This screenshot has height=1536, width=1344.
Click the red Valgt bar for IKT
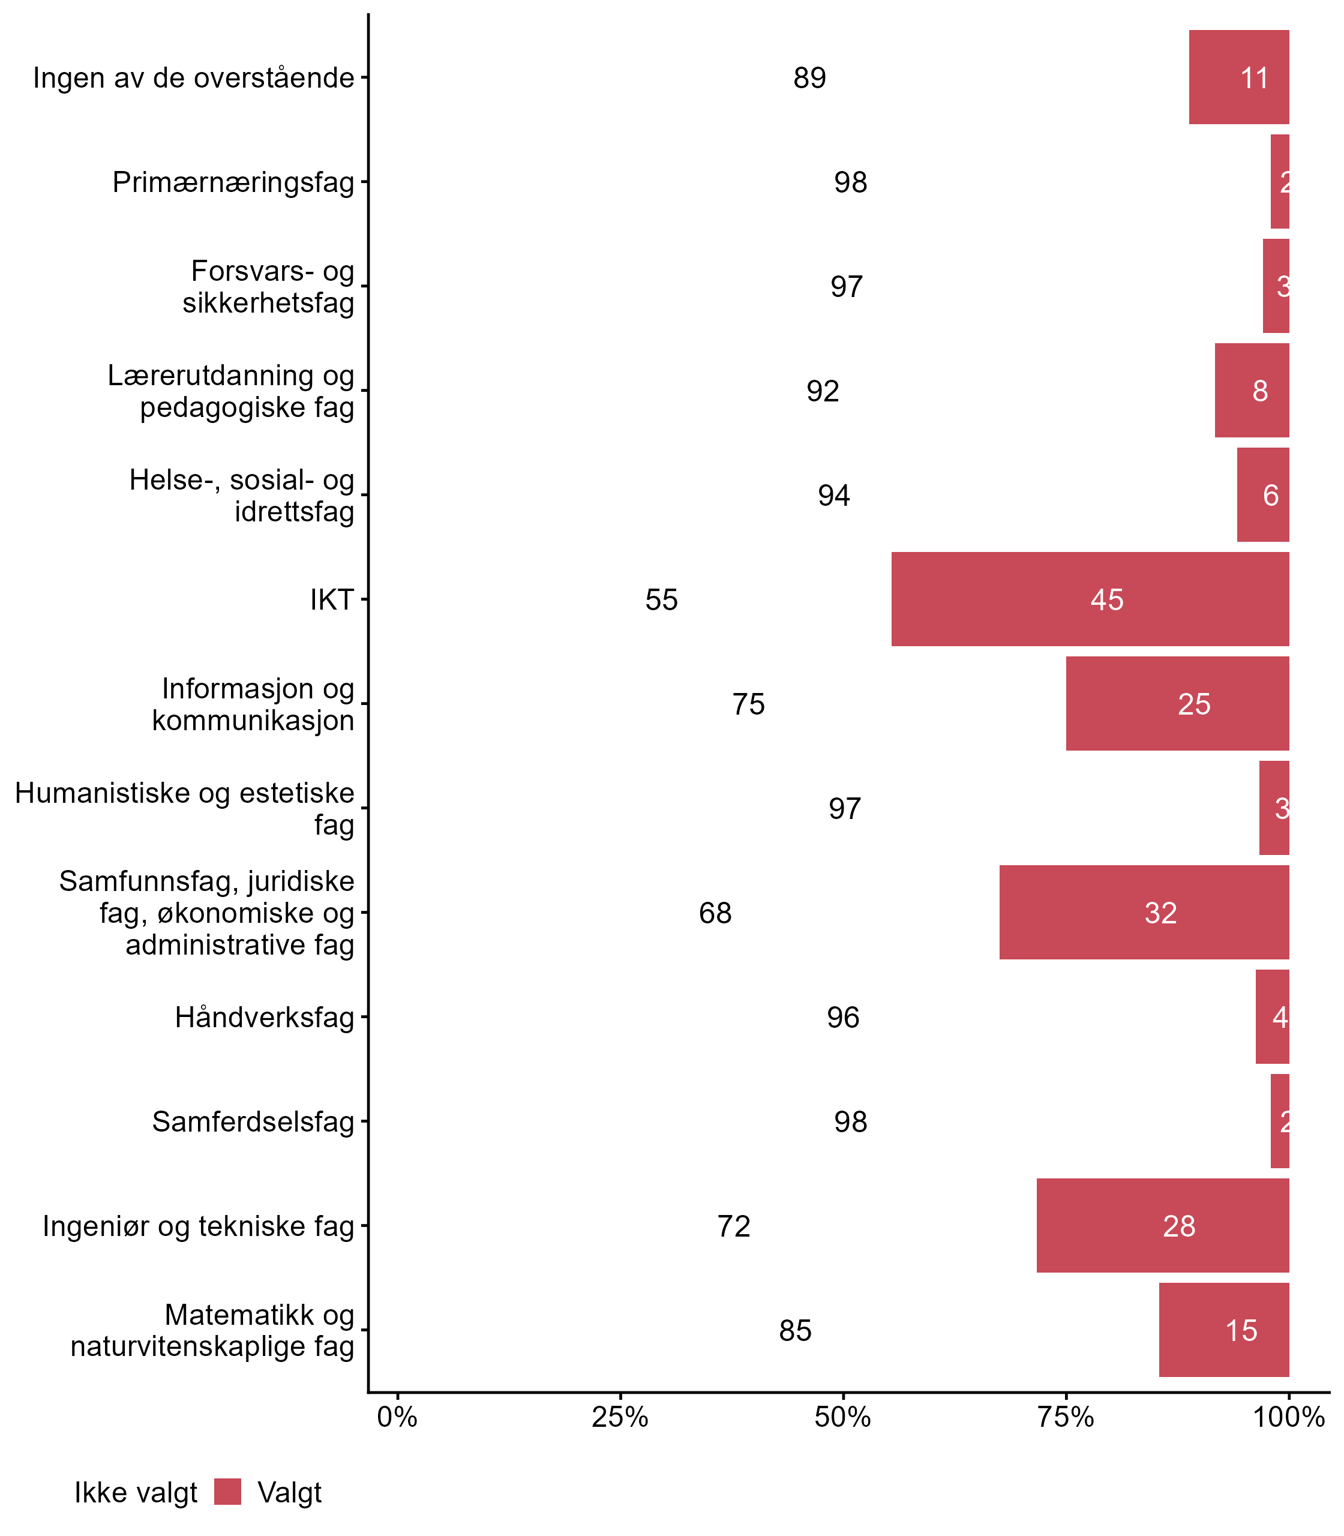pos(1090,599)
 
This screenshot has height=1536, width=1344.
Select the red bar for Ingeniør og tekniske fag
pos(1163,1226)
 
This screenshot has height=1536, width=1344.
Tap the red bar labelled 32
pos(1144,913)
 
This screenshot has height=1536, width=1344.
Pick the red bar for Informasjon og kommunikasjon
pos(1177,703)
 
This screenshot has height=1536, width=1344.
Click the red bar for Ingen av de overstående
pos(1238,78)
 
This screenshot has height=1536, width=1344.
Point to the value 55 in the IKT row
pos(661,600)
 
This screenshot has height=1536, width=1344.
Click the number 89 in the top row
pos(809,78)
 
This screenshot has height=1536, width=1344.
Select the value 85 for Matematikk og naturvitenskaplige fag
pos(795,1331)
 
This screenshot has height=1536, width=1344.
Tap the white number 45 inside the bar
pos(1106,600)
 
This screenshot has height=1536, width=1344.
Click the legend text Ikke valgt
pos(136,1493)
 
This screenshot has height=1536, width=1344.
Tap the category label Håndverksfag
pos(264,1017)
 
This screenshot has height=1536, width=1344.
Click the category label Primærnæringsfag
pos(233,182)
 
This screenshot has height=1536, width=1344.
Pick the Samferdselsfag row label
pos(253,1121)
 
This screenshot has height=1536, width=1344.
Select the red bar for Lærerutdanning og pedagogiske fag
pos(1252,390)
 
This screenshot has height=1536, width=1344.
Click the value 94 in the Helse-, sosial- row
pos(833,495)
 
